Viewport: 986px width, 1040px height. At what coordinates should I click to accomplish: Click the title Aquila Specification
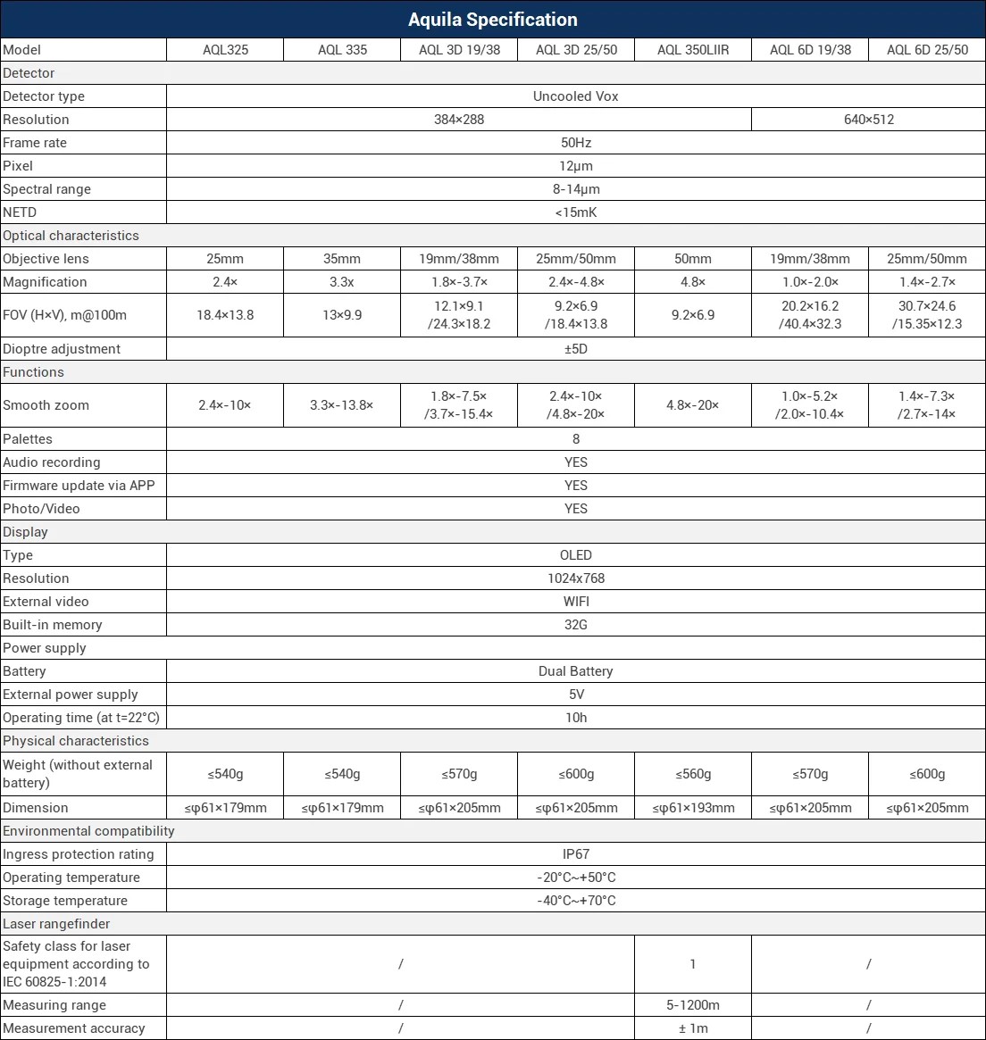pyautogui.click(x=492, y=20)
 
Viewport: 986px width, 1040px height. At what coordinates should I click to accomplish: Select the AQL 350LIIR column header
pyautogui.click(x=693, y=50)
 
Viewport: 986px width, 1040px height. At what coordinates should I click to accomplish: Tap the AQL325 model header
pyautogui.click(x=225, y=50)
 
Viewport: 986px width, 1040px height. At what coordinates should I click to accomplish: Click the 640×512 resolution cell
pyautogui.click(x=868, y=120)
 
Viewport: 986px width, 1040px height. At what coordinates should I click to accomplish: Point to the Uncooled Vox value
pyautogui.click(x=575, y=96)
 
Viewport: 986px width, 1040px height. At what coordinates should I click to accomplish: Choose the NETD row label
pyautogui.click(x=21, y=212)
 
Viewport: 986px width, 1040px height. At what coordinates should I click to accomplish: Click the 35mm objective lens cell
pyautogui.click(x=342, y=259)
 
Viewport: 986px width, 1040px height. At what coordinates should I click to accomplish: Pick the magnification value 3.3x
pyautogui.click(x=342, y=282)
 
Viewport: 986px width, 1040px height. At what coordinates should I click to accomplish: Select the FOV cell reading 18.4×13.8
pyautogui.click(x=225, y=315)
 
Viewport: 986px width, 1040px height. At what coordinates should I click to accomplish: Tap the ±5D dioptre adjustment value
pyautogui.click(x=575, y=349)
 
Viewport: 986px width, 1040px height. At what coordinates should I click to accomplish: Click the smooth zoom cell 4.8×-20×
pyautogui.click(x=693, y=405)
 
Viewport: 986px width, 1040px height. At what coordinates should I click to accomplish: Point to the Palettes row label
pyautogui.click(x=28, y=439)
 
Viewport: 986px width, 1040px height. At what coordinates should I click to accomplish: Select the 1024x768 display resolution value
pyautogui.click(x=575, y=578)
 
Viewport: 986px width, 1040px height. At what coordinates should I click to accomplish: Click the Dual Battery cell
pyautogui.click(x=575, y=671)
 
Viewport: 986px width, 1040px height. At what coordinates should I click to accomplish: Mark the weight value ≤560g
pyautogui.click(x=693, y=774)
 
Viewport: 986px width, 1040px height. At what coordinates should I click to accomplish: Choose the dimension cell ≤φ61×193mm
pyautogui.click(x=693, y=808)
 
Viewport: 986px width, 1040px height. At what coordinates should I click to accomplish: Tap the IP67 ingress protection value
pyautogui.click(x=575, y=854)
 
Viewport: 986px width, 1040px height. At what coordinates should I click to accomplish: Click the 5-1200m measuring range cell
pyautogui.click(x=693, y=1005)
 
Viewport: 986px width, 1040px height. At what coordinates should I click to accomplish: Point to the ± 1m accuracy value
pyautogui.click(x=693, y=1028)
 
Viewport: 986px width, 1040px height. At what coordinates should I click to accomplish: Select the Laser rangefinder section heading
pyautogui.click(x=56, y=924)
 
